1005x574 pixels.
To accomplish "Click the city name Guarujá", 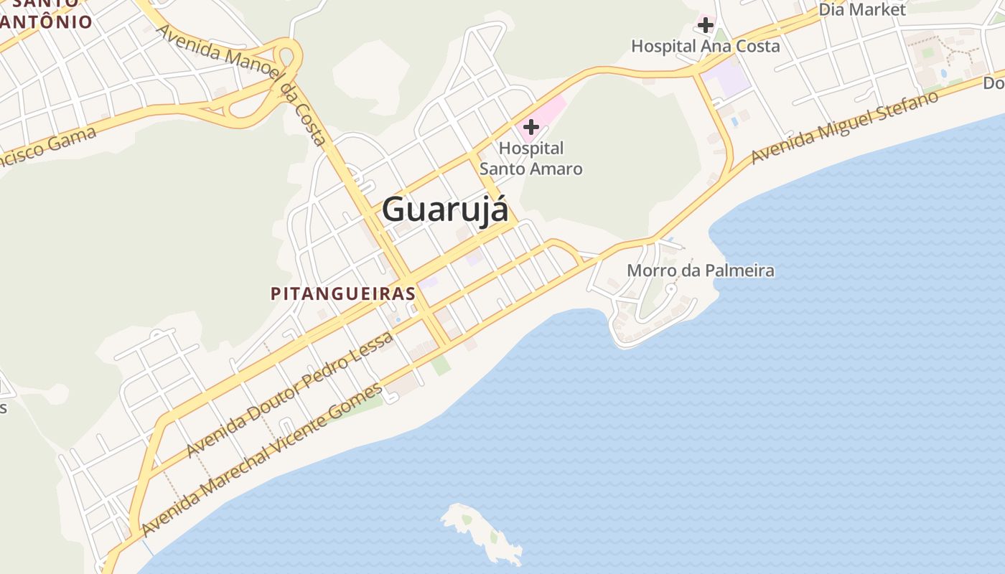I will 445,210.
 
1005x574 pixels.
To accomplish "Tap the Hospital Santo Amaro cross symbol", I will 531,127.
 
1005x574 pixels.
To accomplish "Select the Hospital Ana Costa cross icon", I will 706,25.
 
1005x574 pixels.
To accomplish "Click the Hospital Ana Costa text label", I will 705,46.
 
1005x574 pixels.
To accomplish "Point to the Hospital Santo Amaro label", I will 530,159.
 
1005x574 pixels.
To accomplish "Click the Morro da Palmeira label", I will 701,270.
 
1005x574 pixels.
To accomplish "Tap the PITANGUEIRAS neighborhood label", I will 343,293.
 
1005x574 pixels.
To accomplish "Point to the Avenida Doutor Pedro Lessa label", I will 290,394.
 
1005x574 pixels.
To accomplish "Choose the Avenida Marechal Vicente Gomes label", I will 263,460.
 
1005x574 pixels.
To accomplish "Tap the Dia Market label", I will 862,9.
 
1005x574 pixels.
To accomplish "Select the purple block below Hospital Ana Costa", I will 726,79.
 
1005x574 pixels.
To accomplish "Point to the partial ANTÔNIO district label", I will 47,21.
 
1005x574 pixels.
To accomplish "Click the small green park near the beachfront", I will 440,364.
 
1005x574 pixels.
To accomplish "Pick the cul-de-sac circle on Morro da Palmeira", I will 671,288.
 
